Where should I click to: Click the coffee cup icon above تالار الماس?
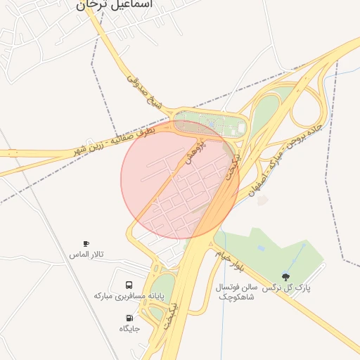pos(86,243)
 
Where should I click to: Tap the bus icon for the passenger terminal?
pos(129,285)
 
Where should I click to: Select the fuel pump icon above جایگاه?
pos(129,318)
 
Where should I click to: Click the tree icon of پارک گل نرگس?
pos(285,276)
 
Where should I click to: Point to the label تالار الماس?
pos(86,254)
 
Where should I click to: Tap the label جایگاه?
pos(129,328)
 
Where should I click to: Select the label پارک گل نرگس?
pos(287,288)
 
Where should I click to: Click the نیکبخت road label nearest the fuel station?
pos(175,314)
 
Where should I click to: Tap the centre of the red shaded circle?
pos(180,180)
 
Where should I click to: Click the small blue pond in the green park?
pos(261,247)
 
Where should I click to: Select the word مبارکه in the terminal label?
pos(106,297)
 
